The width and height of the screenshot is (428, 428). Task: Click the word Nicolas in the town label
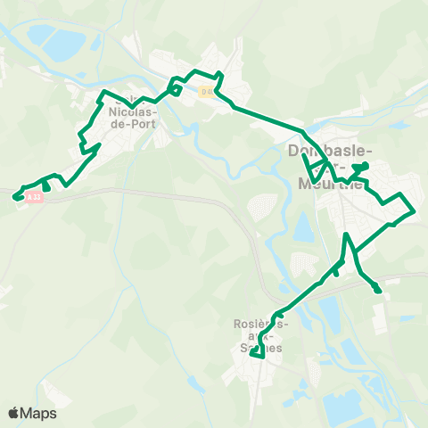point(133,113)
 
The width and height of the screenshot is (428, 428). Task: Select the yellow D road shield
point(207,91)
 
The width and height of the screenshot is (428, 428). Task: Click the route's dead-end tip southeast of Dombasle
point(378,290)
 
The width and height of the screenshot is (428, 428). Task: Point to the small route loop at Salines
point(257,353)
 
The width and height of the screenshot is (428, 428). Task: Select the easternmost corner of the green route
point(415,211)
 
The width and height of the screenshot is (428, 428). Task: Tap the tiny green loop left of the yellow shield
point(176,88)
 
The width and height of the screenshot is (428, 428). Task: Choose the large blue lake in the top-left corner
point(42,36)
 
